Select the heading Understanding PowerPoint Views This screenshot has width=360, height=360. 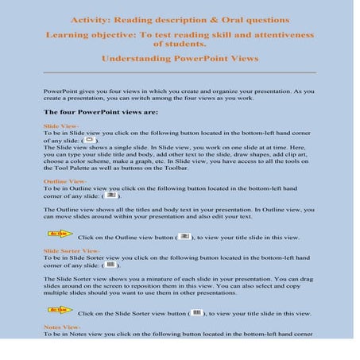(179, 58)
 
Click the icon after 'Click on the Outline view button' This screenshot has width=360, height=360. (184, 237)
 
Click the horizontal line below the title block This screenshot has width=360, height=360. (179, 73)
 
